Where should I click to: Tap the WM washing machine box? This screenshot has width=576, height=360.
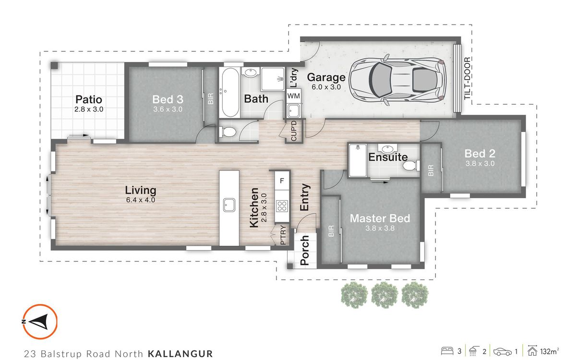pyautogui.click(x=293, y=96)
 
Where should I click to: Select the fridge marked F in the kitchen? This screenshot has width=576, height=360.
pyautogui.click(x=282, y=181)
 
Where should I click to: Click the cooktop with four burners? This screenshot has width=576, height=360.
pyautogui.click(x=282, y=206)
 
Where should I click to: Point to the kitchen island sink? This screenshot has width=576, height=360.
pyautogui.click(x=229, y=205)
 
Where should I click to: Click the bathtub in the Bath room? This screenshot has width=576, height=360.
pyautogui.click(x=230, y=92)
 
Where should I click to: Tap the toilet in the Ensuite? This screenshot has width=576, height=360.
pyautogui.click(x=411, y=165)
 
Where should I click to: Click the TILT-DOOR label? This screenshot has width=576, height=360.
pyautogui.click(x=467, y=78)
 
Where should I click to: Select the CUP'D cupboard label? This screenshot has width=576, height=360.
pyautogui.click(x=294, y=131)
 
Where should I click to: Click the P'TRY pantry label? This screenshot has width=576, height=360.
pyautogui.click(x=283, y=235)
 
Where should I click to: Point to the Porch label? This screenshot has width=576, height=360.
pyautogui.click(x=305, y=250)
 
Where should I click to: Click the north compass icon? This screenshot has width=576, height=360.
pyautogui.click(x=39, y=322)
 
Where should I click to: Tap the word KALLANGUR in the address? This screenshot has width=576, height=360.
pyautogui.click(x=180, y=354)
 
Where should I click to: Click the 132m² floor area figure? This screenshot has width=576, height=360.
pyautogui.click(x=549, y=351)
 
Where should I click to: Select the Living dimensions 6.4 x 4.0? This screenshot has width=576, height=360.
pyautogui.click(x=141, y=200)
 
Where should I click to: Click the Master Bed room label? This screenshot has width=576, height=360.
pyautogui.click(x=380, y=218)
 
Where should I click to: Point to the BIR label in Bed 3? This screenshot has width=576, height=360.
pyautogui.click(x=211, y=99)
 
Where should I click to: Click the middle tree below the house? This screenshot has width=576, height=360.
pyautogui.click(x=384, y=295)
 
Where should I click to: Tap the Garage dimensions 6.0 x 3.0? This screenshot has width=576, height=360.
pyautogui.click(x=326, y=87)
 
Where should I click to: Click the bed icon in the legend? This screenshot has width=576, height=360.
pyautogui.click(x=447, y=351)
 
